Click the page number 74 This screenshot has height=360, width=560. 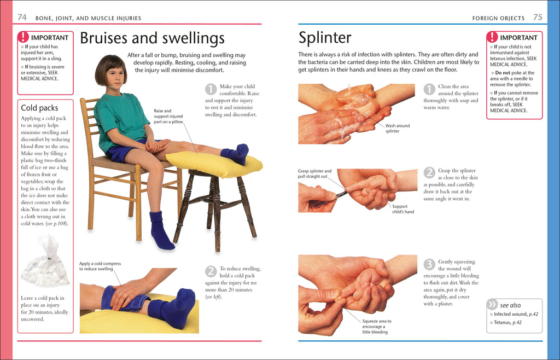[x=22, y=18]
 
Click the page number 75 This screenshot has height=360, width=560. [x=538, y=18]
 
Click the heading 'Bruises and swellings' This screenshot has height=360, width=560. [x=152, y=38]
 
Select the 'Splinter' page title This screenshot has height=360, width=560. [x=325, y=38]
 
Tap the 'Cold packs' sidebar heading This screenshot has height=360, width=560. [x=39, y=108]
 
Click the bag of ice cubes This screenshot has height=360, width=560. [x=45, y=262]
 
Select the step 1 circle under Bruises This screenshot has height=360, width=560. [x=211, y=89]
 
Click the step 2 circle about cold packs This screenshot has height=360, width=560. [x=211, y=271]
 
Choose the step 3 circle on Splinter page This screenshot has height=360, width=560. [x=429, y=265]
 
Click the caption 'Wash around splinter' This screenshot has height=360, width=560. [x=397, y=129]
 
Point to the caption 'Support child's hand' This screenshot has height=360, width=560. [x=402, y=209]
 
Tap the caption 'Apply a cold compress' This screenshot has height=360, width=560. [x=100, y=266]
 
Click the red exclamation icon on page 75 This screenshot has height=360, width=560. [x=492, y=37]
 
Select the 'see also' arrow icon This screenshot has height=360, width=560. [x=492, y=305]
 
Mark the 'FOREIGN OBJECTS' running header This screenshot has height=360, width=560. [x=498, y=18]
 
